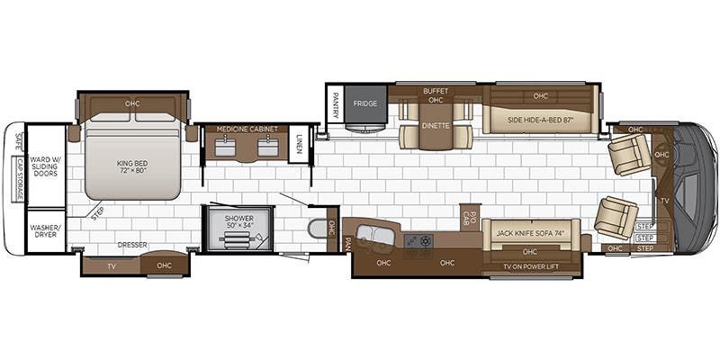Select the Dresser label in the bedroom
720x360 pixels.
pos(131,244)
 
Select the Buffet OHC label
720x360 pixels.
pos(436,94)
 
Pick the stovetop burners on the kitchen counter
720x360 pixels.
pos(419,242)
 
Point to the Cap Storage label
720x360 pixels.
pos(19,175)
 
